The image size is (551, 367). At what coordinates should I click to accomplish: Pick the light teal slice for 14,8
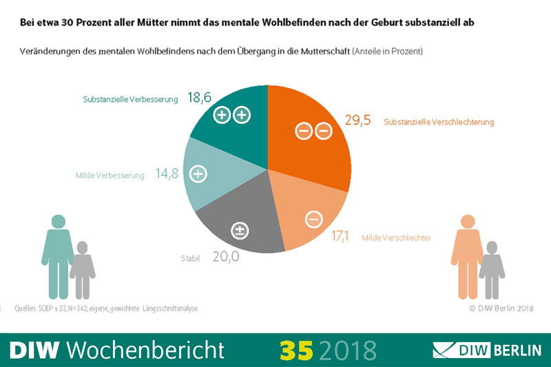coord(214,176)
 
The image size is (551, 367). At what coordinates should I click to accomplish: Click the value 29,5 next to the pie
coord(357,120)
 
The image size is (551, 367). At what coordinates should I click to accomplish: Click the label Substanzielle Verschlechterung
coord(439,122)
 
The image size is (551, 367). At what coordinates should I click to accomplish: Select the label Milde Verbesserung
coord(110,176)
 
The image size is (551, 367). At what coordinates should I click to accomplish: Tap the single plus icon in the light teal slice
coord(198,174)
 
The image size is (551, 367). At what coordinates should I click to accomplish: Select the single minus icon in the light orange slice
coord(313,220)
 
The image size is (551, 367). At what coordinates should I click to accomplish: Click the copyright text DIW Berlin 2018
coord(501,308)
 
